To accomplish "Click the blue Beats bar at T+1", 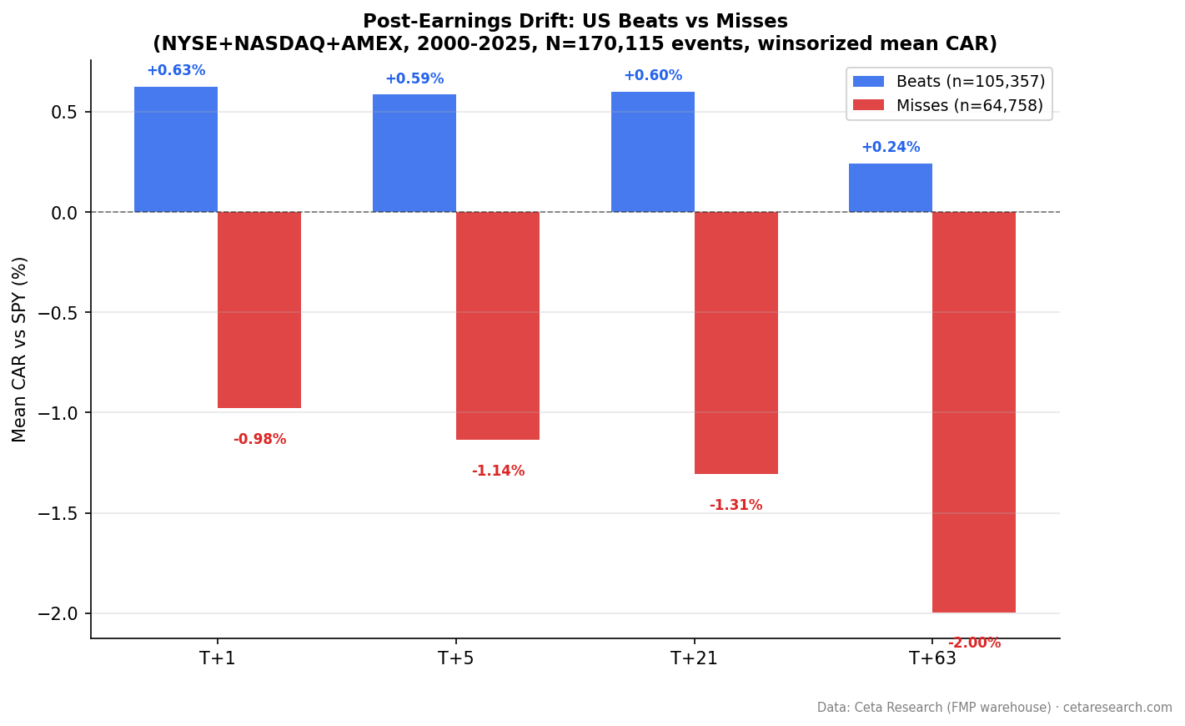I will coord(176,149).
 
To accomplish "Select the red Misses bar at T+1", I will coord(259,310).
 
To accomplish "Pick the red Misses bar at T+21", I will coord(736,343).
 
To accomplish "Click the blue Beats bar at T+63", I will coord(891,188).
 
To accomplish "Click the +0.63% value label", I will coord(176,71).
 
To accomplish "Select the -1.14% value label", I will coord(498,471).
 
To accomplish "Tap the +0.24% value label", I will coord(891,148).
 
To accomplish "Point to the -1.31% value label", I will coord(736,506).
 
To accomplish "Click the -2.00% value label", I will coord(974,643).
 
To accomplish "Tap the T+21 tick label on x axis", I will coord(694,659).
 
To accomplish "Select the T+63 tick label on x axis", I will coord(932,659).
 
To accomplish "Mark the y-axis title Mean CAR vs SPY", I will coord(20,349).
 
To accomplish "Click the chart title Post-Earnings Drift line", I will coord(575,22).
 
